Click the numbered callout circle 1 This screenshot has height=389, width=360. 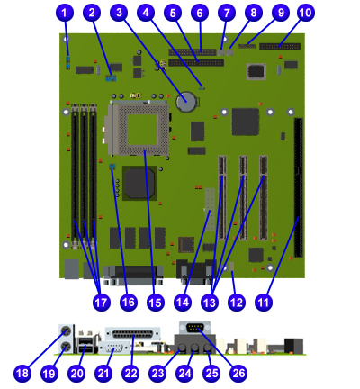coord(65,13)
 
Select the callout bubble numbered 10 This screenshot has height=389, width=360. coord(306,13)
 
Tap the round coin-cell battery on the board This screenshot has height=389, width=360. coord(186,102)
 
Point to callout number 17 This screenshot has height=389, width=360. coord(102,302)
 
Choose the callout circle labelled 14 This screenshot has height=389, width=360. coord(183,302)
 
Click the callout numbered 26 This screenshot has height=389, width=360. coord(238,374)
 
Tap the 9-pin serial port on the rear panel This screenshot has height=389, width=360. coord(194,328)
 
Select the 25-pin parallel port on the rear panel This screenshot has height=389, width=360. coord(132,334)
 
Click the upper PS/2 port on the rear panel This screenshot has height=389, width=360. coord(66,331)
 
